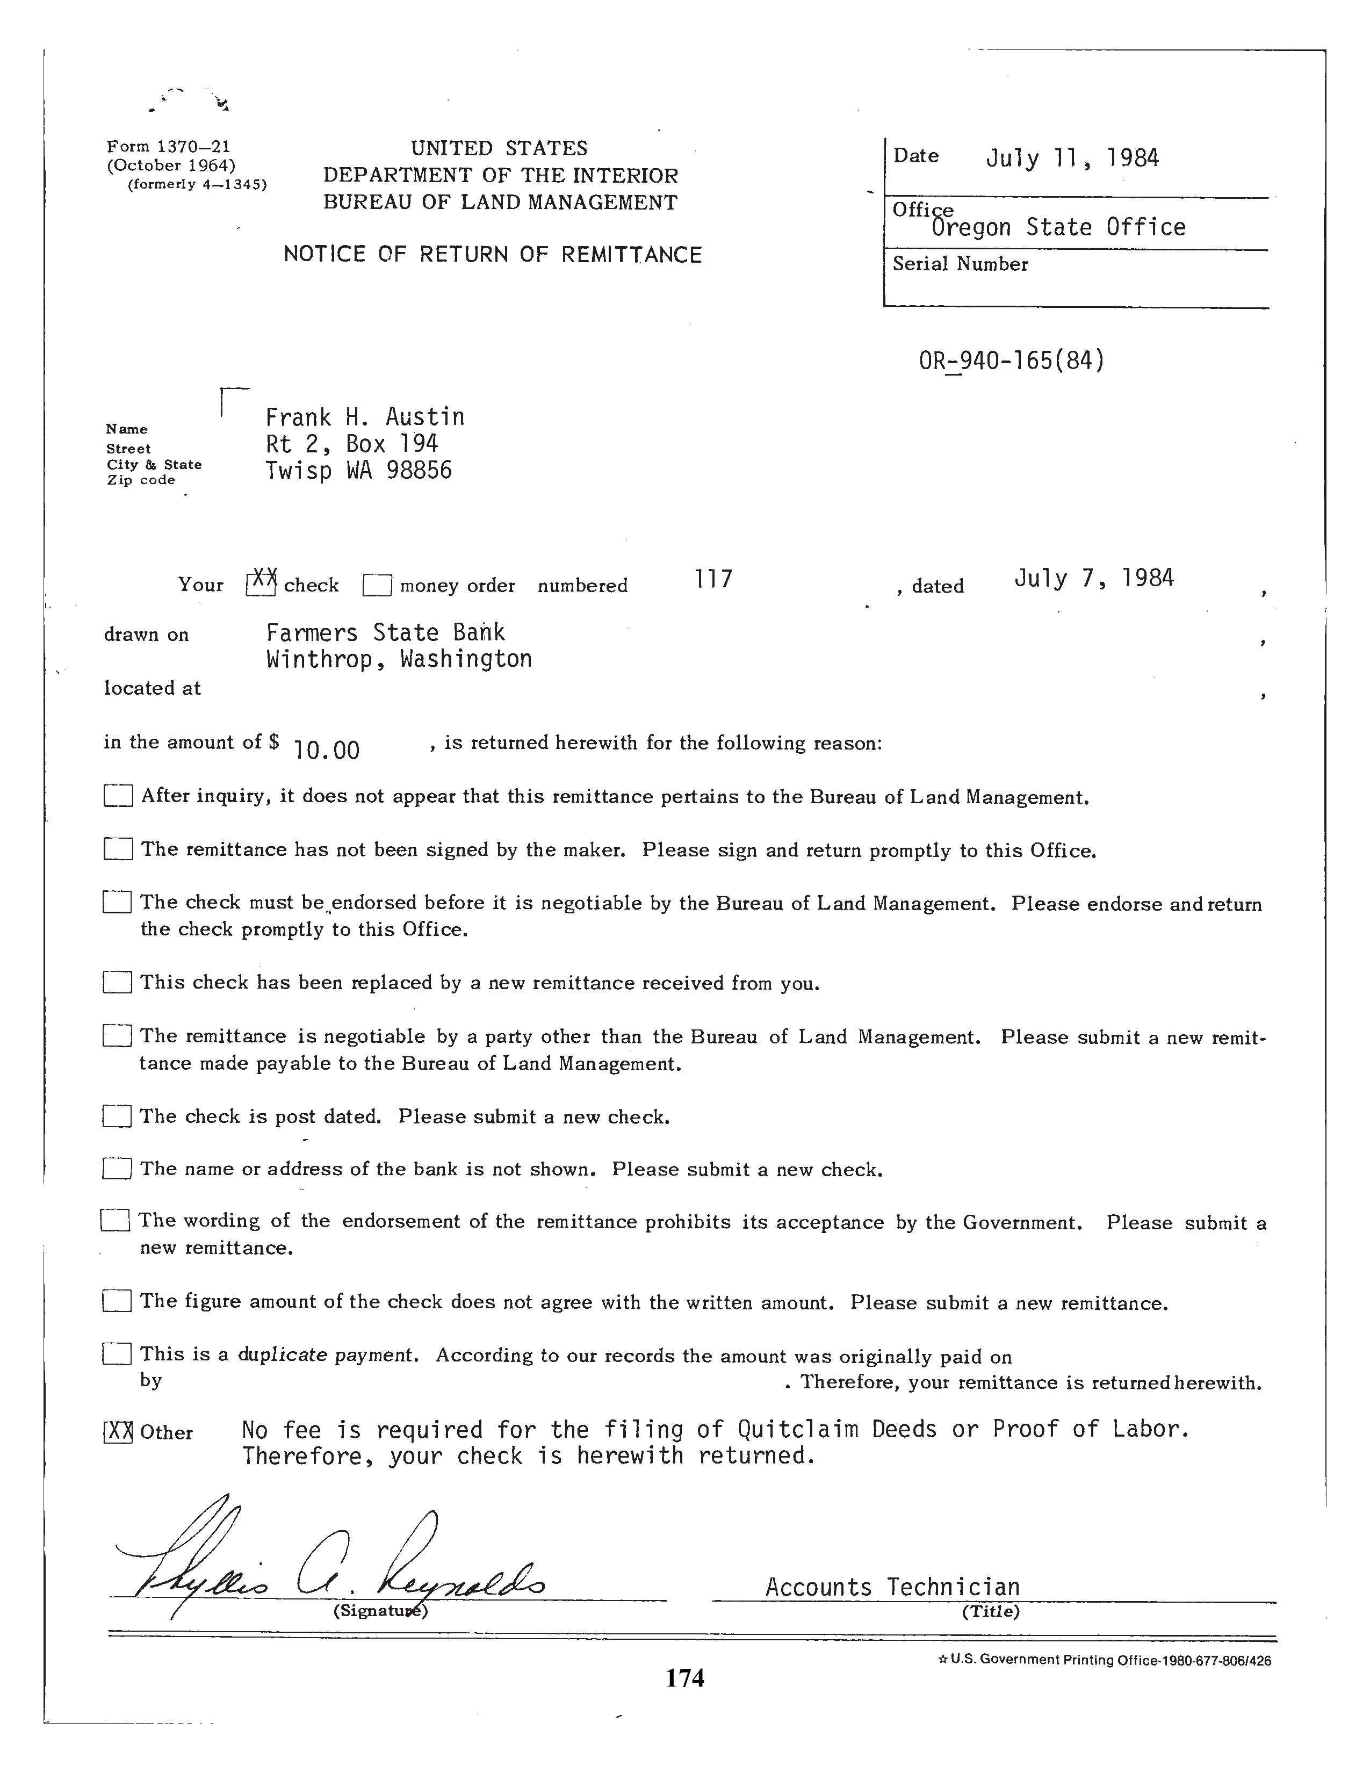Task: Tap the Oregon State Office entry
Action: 1058,227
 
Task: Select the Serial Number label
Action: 960,264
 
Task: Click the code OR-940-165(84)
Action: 1011,359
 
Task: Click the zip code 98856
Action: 419,471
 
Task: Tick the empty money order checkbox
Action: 377,585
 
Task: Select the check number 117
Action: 713,579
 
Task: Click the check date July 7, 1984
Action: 1093,578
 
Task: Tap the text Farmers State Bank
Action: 386,632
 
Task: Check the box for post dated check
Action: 117,1117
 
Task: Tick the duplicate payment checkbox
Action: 117,1353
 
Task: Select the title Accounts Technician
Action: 892,1587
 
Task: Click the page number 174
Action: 685,1677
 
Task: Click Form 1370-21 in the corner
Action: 169,147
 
